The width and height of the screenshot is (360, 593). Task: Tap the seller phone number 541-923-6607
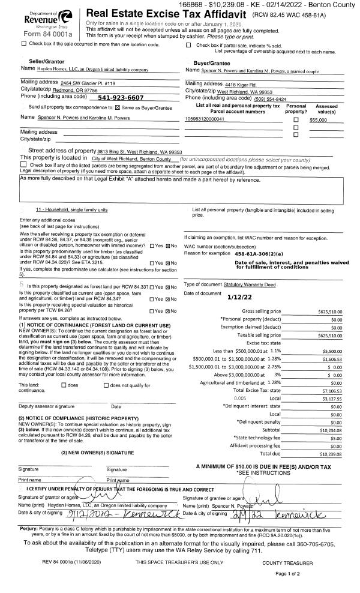pyautogui.click(x=120, y=97)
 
